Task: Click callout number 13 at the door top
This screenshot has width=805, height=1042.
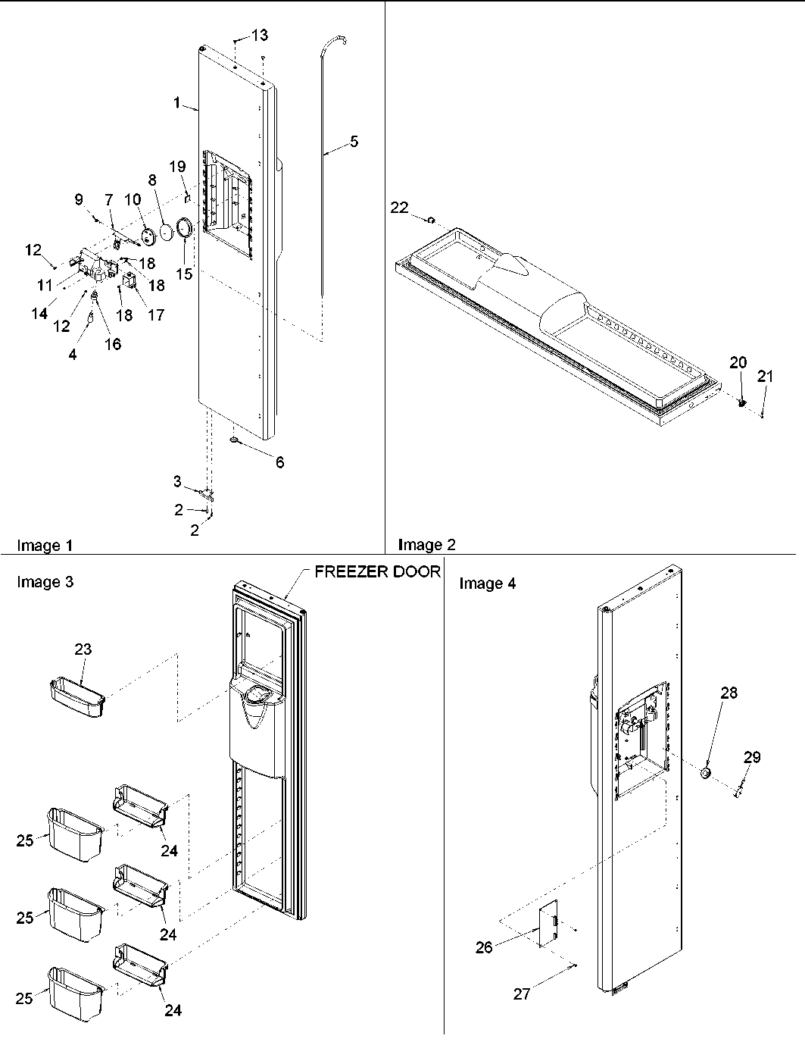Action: pos(260,35)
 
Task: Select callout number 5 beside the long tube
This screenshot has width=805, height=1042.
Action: pos(354,142)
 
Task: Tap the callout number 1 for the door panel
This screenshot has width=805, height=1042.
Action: pos(177,103)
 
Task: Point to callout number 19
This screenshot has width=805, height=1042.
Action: pos(176,167)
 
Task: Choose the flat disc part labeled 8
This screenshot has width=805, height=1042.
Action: pos(167,233)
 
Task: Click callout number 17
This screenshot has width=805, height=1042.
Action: pos(155,314)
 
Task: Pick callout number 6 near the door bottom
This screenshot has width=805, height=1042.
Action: pos(279,462)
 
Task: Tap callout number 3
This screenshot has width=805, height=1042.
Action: pos(176,481)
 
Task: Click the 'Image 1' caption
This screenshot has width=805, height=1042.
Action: pos(45,545)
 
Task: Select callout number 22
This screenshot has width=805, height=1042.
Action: pos(400,208)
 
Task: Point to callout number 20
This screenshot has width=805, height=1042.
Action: pos(738,362)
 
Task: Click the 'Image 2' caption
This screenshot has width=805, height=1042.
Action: pos(426,544)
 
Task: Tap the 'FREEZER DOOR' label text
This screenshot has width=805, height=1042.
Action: pos(376,571)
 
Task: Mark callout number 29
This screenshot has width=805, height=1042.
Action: pos(751,756)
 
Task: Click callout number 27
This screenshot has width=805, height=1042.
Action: pos(522,994)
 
